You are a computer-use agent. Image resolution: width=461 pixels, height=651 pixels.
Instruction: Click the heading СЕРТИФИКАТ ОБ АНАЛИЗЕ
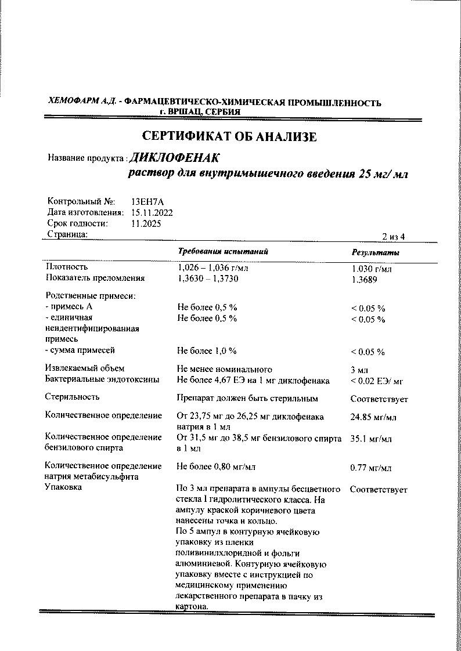point(229,137)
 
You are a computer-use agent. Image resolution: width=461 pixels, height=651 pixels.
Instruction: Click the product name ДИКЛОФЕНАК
point(175,157)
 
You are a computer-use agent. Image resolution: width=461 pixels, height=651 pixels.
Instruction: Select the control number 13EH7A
point(148,201)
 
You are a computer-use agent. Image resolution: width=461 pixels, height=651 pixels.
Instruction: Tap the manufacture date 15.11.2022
point(152,212)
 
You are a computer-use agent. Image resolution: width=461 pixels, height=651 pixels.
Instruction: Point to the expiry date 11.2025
point(146,223)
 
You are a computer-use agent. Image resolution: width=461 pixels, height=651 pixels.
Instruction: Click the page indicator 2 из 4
point(393,236)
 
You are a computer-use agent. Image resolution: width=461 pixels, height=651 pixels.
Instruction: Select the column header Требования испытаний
point(223,252)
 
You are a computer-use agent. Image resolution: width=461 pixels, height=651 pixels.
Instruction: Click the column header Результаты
point(375,253)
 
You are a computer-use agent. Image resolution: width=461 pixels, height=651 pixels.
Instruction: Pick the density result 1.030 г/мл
point(372,269)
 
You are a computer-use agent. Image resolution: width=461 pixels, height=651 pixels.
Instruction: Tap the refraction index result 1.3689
point(364,279)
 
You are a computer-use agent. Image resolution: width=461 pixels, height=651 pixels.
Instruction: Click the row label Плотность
point(67,267)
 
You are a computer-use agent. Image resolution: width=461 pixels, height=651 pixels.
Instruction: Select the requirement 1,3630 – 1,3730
point(207,279)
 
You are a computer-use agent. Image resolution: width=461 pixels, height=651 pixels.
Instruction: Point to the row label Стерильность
point(72,397)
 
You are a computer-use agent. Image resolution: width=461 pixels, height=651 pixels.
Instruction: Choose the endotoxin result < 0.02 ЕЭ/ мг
point(377,381)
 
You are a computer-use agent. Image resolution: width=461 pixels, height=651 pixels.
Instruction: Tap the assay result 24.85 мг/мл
point(373,417)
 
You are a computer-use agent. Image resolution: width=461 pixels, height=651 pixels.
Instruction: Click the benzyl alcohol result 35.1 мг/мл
point(371,439)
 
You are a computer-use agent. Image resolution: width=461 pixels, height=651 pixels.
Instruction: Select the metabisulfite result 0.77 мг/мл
point(371,468)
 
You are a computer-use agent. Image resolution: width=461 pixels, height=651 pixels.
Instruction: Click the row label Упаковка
point(63,487)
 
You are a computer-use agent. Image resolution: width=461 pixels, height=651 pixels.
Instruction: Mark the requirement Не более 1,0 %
point(207,350)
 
